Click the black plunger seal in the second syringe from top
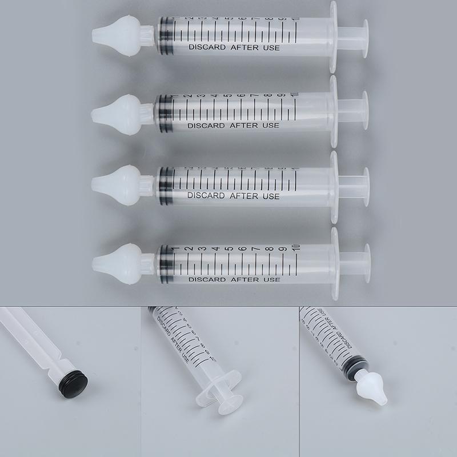pyautogui.click(x=165, y=111)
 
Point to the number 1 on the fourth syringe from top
pyautogui.click(x=173, y=249)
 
